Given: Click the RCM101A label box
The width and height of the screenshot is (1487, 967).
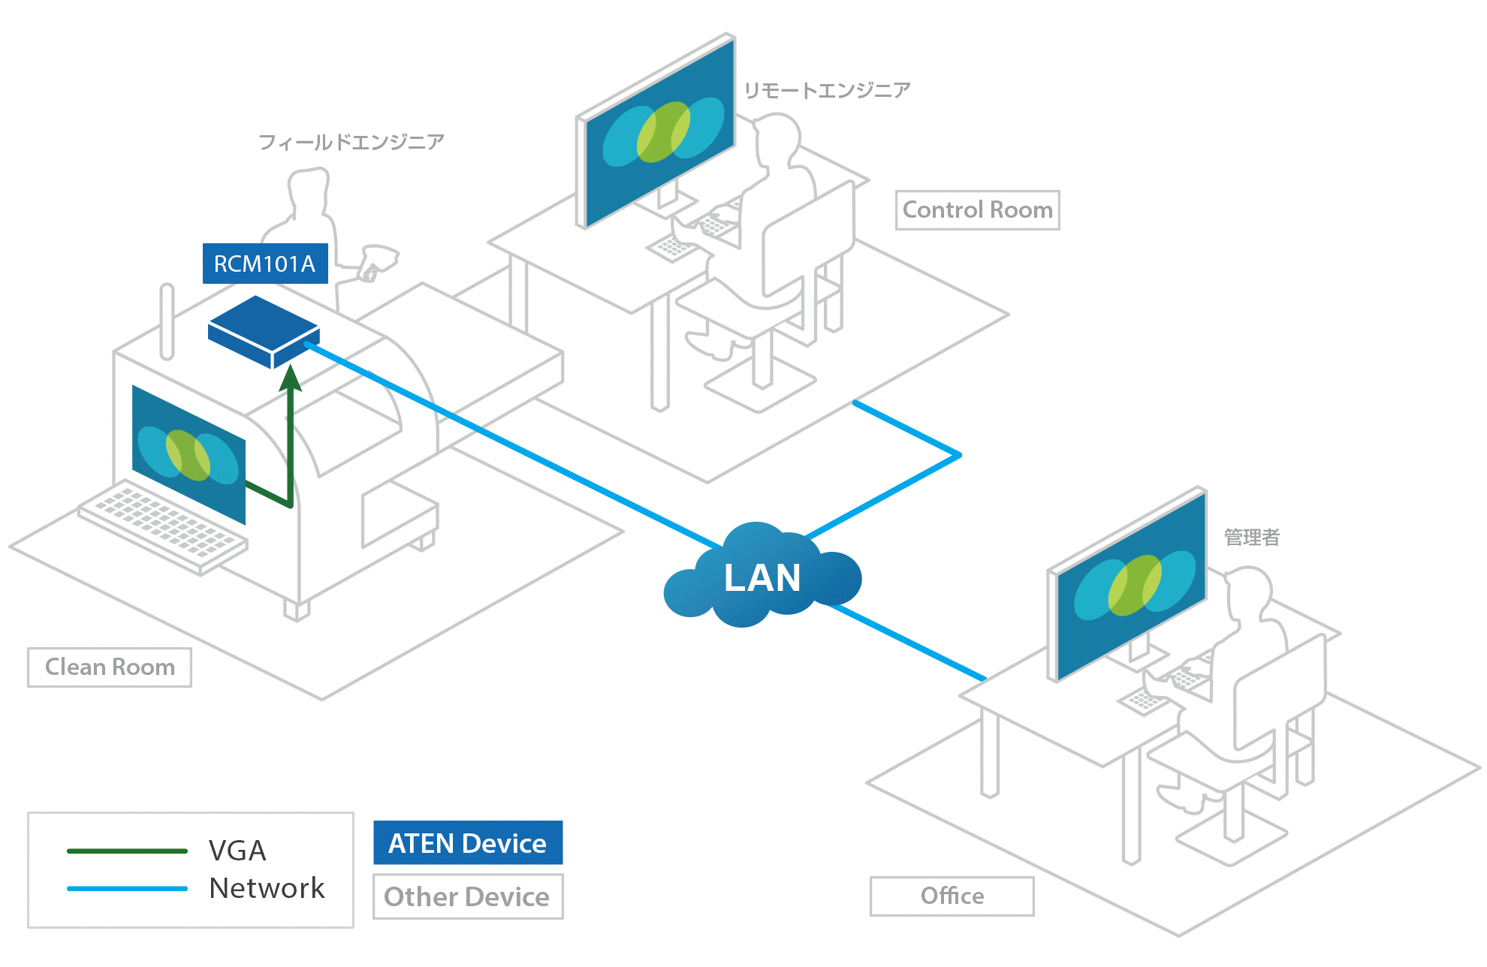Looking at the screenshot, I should pos(265,264).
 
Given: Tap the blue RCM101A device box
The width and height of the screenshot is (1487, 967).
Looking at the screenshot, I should pos(263,330).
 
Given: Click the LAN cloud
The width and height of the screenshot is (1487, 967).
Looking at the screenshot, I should pos(762,577).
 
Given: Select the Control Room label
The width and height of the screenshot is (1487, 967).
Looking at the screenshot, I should pos(977,210).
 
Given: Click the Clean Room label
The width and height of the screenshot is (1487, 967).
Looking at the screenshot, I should pos(110,667).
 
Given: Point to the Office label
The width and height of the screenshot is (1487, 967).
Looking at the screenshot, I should pos(952,896).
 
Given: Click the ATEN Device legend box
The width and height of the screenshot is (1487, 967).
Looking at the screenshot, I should pos(467,843).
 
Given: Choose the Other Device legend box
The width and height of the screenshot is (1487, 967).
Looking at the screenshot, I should pos(467,896).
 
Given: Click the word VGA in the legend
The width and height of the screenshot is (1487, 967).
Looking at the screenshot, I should pos(237,851).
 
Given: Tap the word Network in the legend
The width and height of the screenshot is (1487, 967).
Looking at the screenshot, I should pos(267,888).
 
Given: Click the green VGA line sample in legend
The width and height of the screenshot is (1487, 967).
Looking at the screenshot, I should pos(127,851).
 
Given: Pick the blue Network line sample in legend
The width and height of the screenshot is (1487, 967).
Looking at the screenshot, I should pos(127,889).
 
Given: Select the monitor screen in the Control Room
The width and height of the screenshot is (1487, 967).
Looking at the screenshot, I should pos(659,132).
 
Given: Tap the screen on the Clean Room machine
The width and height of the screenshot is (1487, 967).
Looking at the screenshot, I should pos(189,455).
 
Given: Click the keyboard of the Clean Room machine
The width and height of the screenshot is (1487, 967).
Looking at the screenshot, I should pos(162,526).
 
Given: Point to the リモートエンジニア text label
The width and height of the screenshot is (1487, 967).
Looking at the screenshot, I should pos(827,91).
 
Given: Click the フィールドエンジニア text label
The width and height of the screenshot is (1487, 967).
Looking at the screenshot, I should pos(351,142).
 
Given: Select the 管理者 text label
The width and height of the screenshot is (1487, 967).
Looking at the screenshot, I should pos(1251,538).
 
